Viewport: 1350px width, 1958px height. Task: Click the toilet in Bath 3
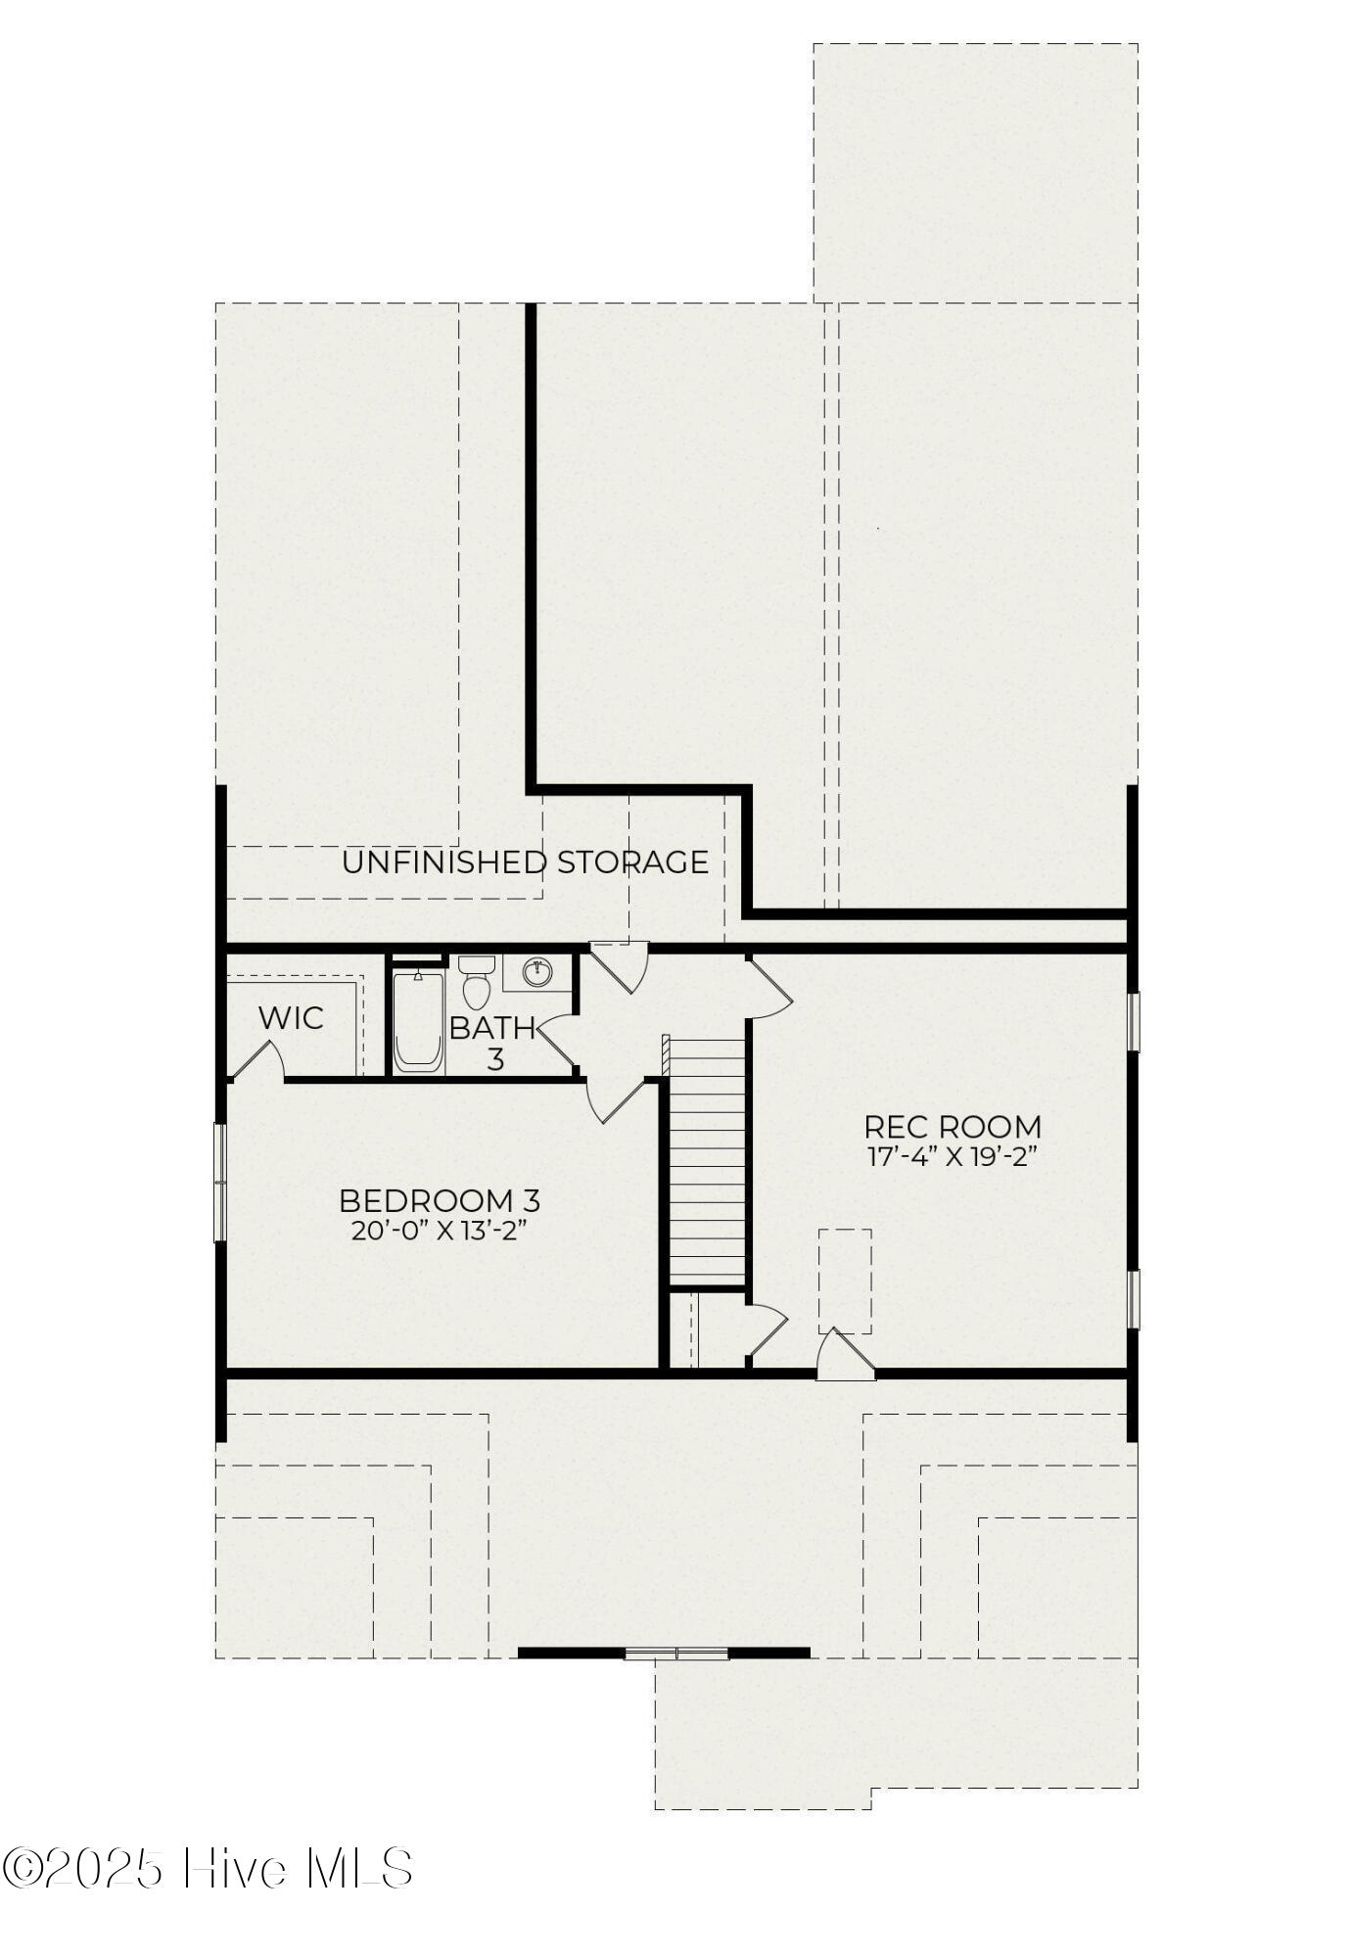pos(475,982)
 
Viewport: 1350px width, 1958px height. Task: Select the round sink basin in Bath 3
pos(537,972)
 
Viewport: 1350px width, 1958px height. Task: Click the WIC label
pos(291,1018)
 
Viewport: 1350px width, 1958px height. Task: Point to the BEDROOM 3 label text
pos(440,1200)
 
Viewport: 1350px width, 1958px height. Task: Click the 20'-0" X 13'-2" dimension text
pos(440,1231)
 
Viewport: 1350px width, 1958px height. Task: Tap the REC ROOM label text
pos(953,1127)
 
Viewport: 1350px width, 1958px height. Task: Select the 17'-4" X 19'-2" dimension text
pos(953,1156)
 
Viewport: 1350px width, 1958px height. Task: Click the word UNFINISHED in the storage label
pos(444,862)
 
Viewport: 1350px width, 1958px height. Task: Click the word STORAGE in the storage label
pos(632,862)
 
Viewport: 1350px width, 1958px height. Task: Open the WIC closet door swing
pos(257,1060)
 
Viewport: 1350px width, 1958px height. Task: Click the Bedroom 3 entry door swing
pos(614,1099)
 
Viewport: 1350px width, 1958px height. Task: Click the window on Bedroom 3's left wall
pos(220,1183)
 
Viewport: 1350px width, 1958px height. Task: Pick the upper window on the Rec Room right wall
pos(1133,1022)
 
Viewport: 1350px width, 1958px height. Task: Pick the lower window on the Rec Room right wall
pos(1133,1299)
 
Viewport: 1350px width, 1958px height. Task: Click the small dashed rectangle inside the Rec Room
pos(845,1281)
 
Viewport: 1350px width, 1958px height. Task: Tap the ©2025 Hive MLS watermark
pos(208,1868)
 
